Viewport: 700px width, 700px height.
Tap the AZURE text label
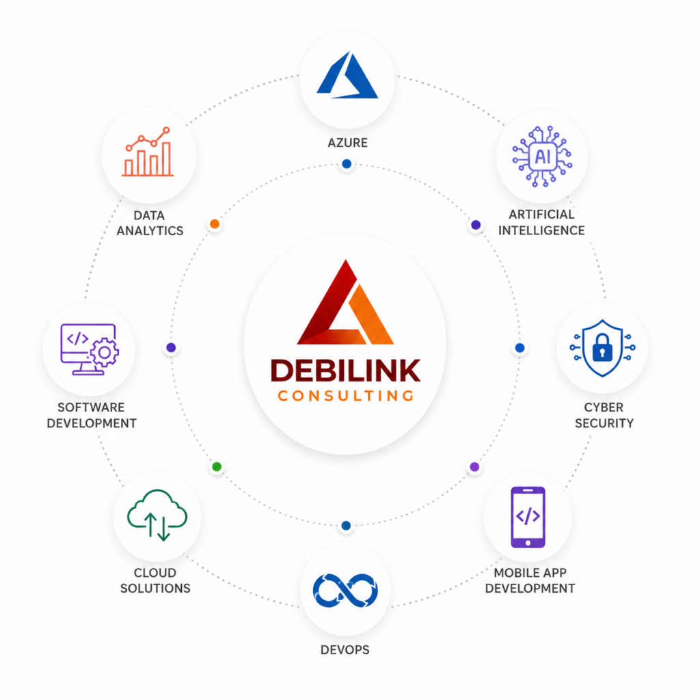point(348,143)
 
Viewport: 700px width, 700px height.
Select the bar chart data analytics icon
point(148,152)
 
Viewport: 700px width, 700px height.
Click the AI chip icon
point(542,157)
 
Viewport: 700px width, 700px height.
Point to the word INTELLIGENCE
point(541,230)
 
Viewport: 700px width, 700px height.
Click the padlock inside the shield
point(602,348)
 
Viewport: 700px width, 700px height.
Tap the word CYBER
point(604,407)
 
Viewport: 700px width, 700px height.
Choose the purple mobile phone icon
point(528,517)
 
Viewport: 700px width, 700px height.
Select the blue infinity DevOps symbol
point(345,591)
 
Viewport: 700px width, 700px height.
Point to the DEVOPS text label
point(345,650)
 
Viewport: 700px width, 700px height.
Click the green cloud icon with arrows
point(157,515)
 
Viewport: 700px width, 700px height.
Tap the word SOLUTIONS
point(155,589)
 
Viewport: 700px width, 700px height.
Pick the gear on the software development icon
point(105,353)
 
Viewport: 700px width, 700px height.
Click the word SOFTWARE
point(91,407)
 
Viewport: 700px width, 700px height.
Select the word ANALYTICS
point(150,231)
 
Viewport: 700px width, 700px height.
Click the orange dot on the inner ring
point(215,224)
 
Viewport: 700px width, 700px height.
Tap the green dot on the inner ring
point(217,467)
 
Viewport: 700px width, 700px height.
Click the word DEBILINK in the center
point(345,371)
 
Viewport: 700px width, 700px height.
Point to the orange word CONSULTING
point(345,396)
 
